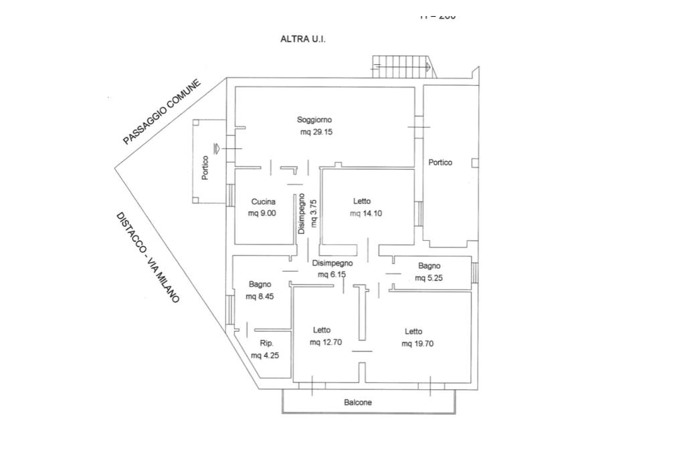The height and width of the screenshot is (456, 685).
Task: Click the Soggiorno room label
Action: (x=314, y=120)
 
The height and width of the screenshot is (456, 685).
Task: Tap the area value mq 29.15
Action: (x=316, y=132)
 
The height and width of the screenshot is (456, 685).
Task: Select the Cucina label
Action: (x=264, y=202)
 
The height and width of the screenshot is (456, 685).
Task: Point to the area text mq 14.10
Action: (x=366, y=214)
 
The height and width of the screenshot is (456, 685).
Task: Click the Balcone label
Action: (x=358, y=403)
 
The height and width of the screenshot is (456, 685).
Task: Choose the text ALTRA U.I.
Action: (x=302, y=39)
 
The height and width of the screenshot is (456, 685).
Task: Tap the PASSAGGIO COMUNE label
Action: (x=162, y=112)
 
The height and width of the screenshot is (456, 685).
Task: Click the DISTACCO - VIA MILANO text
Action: (x=148, y=257)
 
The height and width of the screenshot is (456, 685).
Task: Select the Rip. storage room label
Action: (x=267, y=344)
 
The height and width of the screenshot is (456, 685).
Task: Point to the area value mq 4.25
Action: (x=265, y=356)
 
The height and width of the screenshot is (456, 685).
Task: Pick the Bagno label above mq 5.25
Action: (x=429, y=266)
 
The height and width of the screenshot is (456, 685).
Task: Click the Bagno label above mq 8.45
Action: (x=260, y=285)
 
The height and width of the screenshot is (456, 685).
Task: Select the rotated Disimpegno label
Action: (x=302, y=213)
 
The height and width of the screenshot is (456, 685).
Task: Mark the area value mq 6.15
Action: (x=332, y=275)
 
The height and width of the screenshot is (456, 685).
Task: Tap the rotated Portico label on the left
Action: (x=205, y=168)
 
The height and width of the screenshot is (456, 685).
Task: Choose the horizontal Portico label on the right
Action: (x=440, y=162)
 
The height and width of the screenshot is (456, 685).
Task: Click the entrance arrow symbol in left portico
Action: (x=216, y=148)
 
